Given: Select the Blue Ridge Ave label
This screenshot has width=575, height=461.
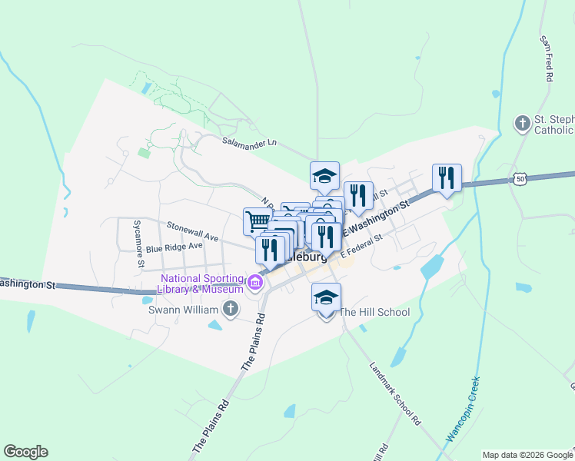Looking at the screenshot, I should [x=174, y=247].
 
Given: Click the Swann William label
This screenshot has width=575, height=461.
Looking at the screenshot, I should [x=185, y=310].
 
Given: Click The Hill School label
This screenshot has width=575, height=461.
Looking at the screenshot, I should [x=374, y=312].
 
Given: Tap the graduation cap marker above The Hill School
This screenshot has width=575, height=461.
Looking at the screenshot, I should [x=326, y=297].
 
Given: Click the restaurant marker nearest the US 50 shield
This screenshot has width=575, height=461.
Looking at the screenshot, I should [x=446, y=178].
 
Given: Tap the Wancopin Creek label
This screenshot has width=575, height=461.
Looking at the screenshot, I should [x=464, y=407].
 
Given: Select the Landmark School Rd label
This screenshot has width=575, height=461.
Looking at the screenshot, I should [x=395, y=394].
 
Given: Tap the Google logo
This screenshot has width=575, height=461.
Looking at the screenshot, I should [x=25, y=452].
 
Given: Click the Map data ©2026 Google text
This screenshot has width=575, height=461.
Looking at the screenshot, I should [x=527, y=455].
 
